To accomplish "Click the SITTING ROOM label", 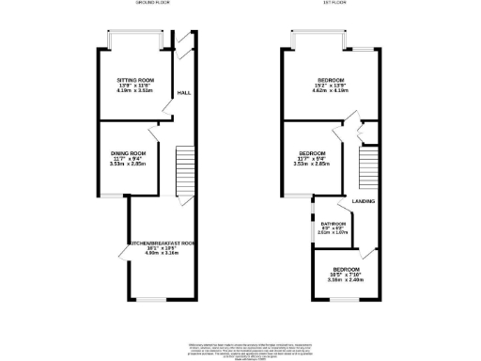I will [129, 80].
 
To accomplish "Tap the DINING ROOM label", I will [128, 153].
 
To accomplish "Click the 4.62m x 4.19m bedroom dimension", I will [331, 91].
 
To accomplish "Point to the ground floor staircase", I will [184, 173].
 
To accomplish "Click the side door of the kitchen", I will [122, 251].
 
